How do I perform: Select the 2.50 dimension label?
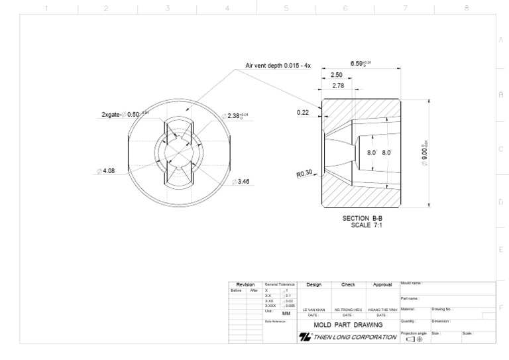point(337,75)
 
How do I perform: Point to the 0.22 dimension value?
point(304,112)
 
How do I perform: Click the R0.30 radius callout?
point(304,174)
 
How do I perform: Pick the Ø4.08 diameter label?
point(106,170)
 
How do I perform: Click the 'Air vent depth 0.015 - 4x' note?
point(278,66)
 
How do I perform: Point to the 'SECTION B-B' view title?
point(363,218)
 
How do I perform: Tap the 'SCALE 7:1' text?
point(367,225)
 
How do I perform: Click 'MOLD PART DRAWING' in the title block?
point(348,325)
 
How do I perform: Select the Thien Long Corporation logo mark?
point(306,337)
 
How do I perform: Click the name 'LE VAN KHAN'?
point(314,310)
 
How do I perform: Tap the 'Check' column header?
point(348,284)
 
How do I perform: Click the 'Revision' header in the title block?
point(245,284)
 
